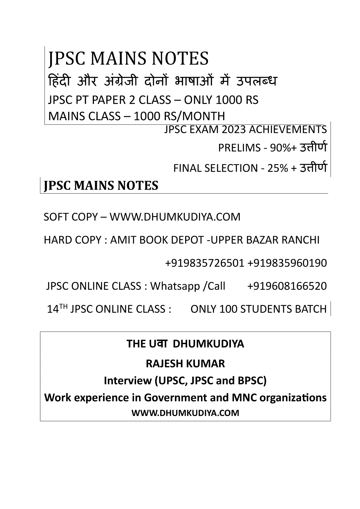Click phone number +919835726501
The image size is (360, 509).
point(205,263)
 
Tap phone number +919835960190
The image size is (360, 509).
point(287,263)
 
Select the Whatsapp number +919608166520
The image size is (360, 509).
point(287,286)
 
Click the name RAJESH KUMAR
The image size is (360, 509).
point(185,363)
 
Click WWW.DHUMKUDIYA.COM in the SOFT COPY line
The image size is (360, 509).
point(175,217)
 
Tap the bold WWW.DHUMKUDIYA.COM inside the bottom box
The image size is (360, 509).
point(185,413)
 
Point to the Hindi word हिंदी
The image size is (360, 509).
point(59,81)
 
